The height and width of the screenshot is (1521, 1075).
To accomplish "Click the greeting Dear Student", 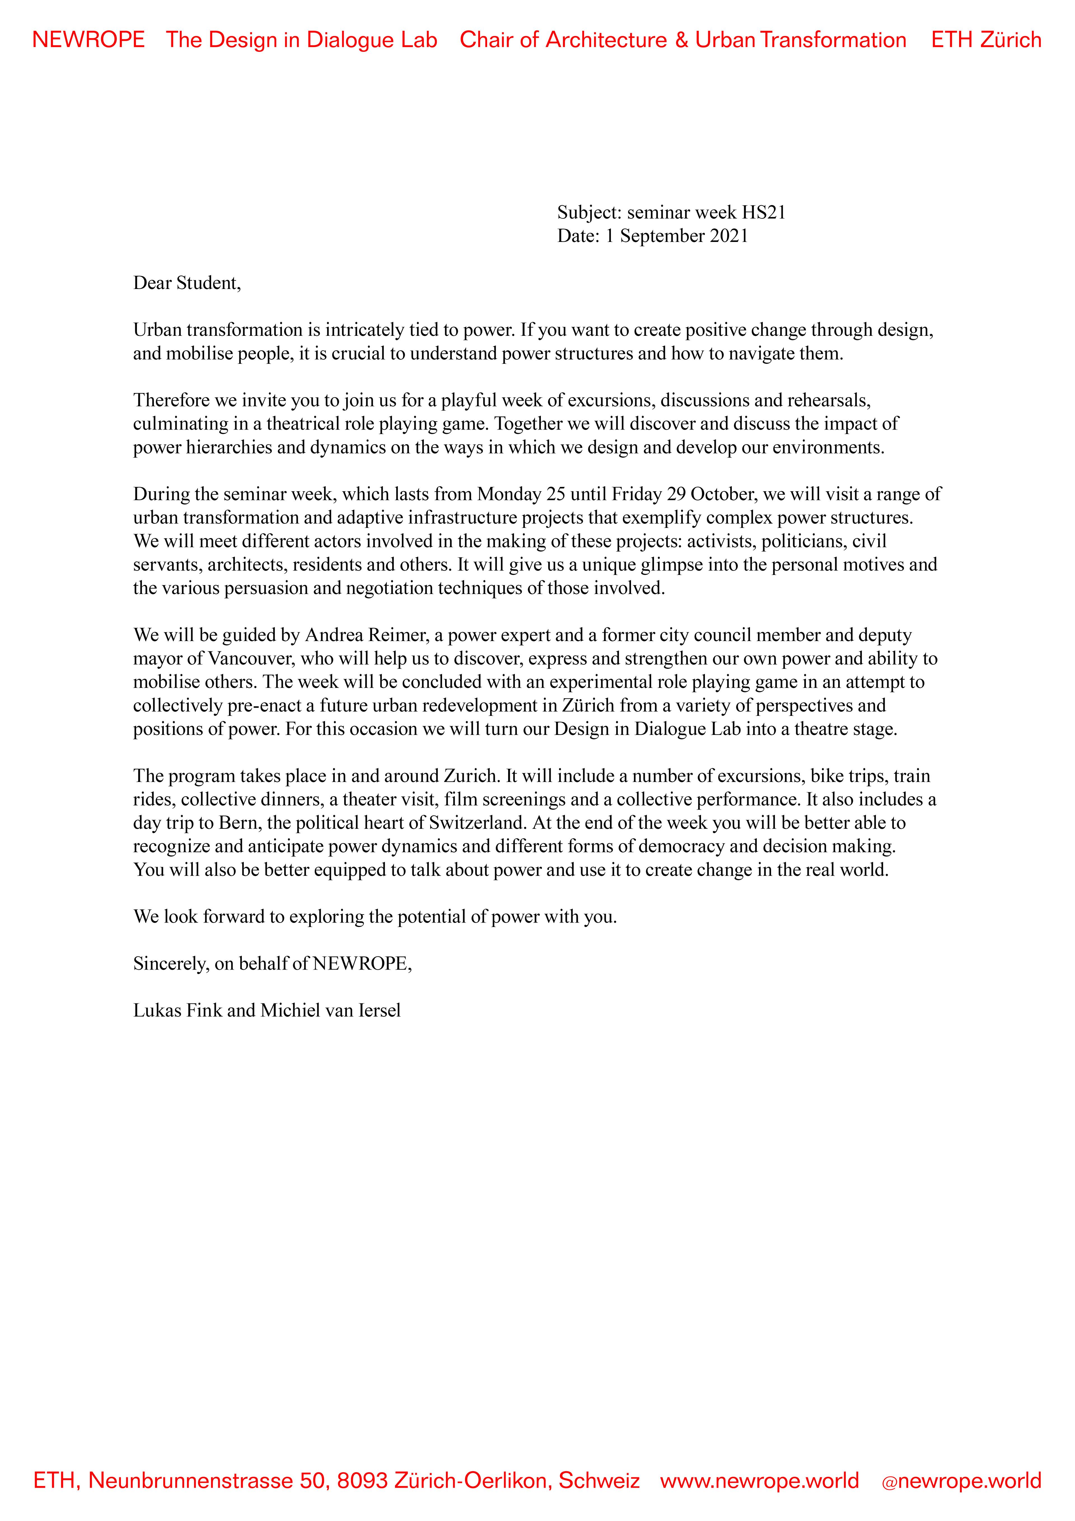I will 187,283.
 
